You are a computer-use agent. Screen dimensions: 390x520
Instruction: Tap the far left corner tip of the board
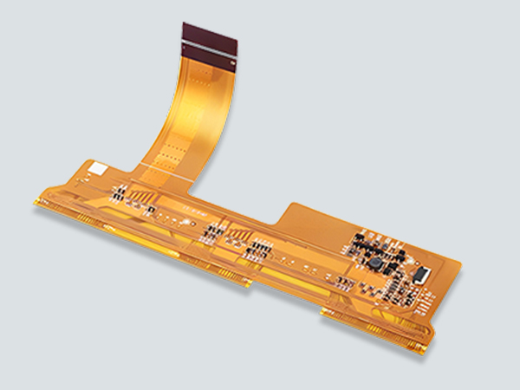[36, 203]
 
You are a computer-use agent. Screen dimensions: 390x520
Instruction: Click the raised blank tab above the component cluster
[312, 217]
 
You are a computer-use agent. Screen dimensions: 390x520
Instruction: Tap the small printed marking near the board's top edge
[196, 211]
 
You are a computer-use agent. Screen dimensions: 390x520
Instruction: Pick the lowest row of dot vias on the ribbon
[173, 156]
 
